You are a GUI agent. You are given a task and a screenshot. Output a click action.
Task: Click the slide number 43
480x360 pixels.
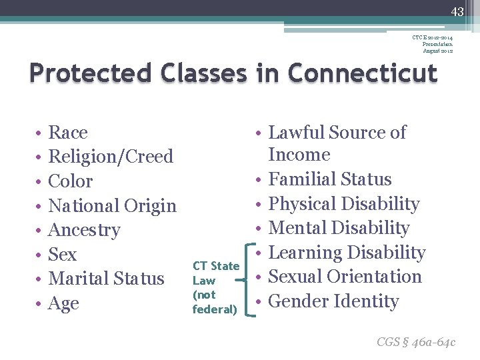[457, 11]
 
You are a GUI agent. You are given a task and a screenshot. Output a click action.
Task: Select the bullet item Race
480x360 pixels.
[68, 133]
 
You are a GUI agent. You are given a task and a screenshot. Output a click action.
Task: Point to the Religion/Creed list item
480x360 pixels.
[111, 157]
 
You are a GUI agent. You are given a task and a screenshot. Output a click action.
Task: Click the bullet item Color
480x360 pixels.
[71, 181]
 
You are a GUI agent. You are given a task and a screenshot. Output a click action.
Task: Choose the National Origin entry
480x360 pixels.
[113, 206]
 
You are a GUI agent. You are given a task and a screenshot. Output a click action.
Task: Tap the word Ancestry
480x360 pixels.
[85, 230]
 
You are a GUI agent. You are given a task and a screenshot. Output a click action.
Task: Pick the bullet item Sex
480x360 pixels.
[63, 255]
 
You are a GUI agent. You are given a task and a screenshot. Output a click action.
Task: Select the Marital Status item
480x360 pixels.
[107, 279]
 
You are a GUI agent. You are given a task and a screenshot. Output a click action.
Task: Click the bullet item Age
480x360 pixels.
[64, 303]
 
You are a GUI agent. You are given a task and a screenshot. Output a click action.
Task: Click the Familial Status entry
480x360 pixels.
[329, 179]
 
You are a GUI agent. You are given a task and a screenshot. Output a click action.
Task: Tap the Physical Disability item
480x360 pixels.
[343, 204]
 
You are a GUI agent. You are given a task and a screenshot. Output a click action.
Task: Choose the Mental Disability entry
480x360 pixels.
[338, 228]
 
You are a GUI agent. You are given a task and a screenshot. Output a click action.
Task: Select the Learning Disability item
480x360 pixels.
[346, 253]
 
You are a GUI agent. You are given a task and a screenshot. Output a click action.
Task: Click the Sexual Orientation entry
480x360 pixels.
[345, 277]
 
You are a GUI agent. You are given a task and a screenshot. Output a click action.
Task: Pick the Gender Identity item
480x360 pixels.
[333, 301]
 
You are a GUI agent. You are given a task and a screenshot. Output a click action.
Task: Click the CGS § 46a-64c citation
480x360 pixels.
[416, 342]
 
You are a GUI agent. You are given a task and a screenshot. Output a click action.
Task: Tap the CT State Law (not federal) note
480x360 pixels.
[215, 287]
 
